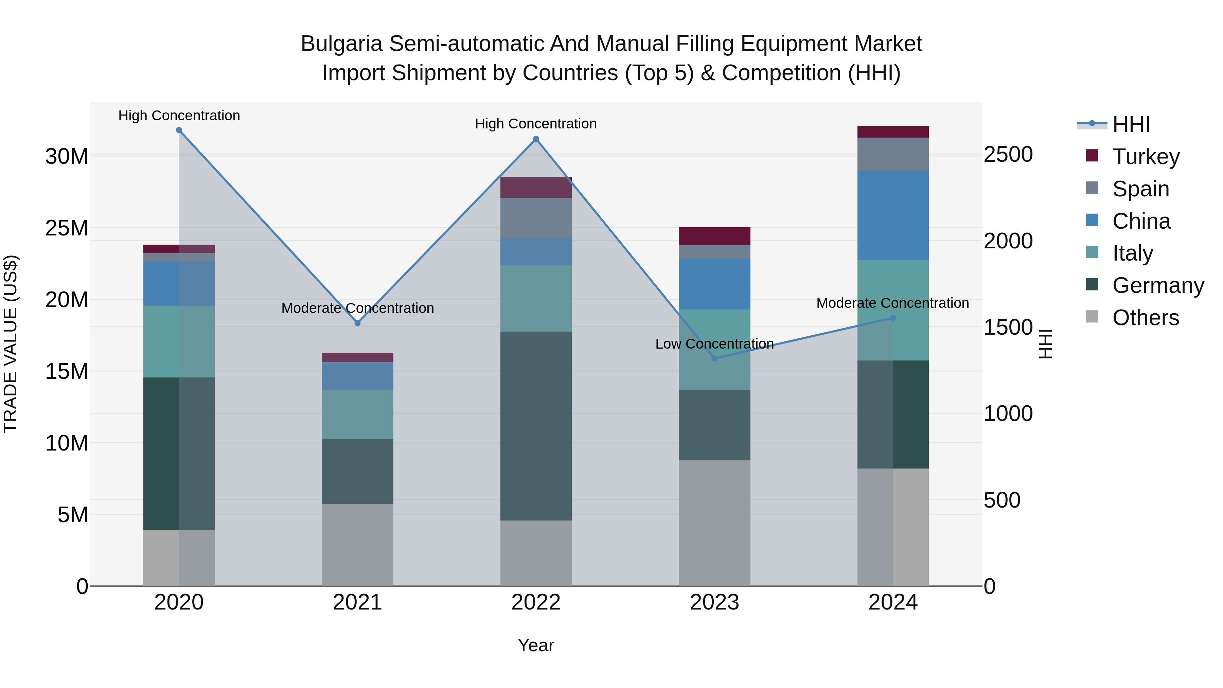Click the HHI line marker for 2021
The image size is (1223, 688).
pyautogui.click(x=357, y=323)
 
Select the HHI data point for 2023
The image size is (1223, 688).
pyautogui.click(x=714, y=358)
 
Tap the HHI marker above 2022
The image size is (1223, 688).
pyautogui.click(x=536, y=139)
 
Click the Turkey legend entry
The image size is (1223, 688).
pyautogui.click(x=1146, y=157)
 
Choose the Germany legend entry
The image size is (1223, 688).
pyautogui.click(x=1157, y=285)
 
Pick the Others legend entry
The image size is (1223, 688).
pyautogui.click(x=1145, y=318)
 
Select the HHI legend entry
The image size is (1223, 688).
pyautogui.click(x=1131, y=124)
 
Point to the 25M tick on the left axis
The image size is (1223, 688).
pyautogui.click(x=67, y=228)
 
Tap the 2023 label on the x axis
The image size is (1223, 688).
pyautogui.click(x=714, y=602)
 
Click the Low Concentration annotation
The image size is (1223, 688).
pyautogui.click(x=714, y=344)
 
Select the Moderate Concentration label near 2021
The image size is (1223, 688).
pyautogui.click(x=357, y=308)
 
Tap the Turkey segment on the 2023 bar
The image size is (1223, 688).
pyautogui.click(x=714, y=236)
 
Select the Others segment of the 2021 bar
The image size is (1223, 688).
pyautogui.click(x=357, y=545)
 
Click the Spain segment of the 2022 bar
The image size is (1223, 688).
pyautogui.click(x=536, y=218)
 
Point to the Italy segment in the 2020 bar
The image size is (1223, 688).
pyautogui.click(x=179, y=341)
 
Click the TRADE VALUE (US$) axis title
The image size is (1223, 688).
pyautogui.click(x=11, y=344)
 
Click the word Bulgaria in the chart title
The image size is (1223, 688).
pyautogui.click(x=341, y=44)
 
